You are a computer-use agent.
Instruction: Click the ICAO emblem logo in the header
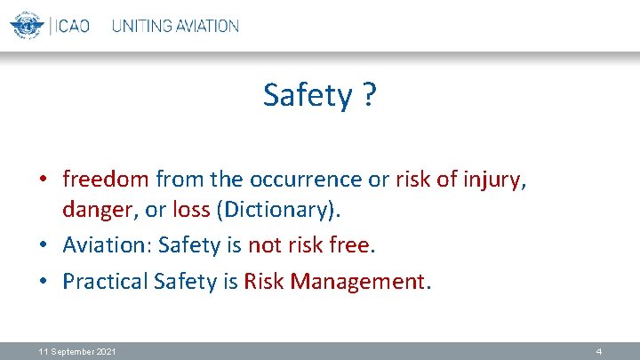pos(27,25)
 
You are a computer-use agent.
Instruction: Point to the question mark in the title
pos(368,95)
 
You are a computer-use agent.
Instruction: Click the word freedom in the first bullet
pos(106,179)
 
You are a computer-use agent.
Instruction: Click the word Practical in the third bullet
pos(105,282)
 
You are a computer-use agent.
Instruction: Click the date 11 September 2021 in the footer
pos(77,352)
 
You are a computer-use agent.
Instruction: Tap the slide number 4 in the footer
pos(599,352)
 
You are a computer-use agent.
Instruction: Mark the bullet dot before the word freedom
pos(44,180)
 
